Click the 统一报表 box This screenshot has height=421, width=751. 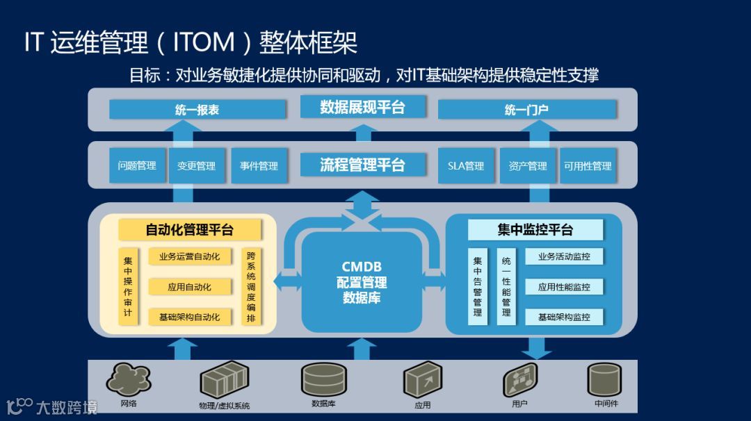point(197,110)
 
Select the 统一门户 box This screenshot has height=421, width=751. point(526,110)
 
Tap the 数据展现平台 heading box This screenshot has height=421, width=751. point(362,107)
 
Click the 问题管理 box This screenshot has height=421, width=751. point(137,166)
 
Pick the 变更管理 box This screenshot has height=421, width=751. point(197,166)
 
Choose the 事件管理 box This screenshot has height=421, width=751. point(259,166)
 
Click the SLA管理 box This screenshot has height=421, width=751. point(466,166)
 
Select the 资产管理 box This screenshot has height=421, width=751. point(528,166)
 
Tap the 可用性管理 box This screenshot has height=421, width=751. point(588,166)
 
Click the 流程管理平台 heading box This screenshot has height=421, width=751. point(362,165)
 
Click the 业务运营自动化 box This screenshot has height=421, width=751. point(189,257)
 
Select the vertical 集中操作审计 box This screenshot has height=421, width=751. point(128,286)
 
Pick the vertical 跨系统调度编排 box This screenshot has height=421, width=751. point(251,286)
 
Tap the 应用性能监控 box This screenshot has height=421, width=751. point(564,287)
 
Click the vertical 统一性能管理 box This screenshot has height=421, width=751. point(506,286)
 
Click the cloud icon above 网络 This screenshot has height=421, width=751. point(129,379)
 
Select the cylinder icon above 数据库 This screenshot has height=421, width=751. point(324,379)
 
